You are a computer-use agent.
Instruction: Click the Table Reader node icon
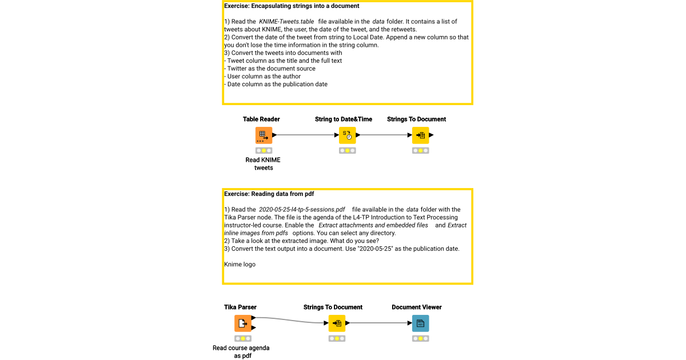click(x=264, y=135)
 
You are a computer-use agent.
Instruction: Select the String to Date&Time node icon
click(x=347, y=135)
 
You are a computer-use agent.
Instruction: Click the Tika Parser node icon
click(x=242, y=323)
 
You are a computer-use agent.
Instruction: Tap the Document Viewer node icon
click(x=420, y=323)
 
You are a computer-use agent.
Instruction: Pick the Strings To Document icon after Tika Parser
click(x=337, y=323)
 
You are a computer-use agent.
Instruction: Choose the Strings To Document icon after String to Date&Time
click(x=420, y=135)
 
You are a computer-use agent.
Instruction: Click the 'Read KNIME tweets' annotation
click(x=263, y=164)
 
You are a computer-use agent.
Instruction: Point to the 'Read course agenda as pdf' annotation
click(x=241, y=351)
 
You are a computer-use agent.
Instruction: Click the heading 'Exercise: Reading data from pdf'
click(x=269, y=194)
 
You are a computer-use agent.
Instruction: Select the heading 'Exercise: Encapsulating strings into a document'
click(x=292, y=6)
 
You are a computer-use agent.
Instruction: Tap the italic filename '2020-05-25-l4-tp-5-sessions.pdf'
click(x=302, y=210)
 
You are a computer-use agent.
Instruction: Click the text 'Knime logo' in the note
click(x=240, y=265)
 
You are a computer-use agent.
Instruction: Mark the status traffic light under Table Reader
click(x=264, y=150)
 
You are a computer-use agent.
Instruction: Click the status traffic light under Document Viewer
click(x=420, y=338)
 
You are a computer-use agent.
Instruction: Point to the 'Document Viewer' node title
click(x=417, y=307)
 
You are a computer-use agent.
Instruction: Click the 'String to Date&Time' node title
click(x=344, y=119)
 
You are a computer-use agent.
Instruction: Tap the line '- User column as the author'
click(x=262, y=77)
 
